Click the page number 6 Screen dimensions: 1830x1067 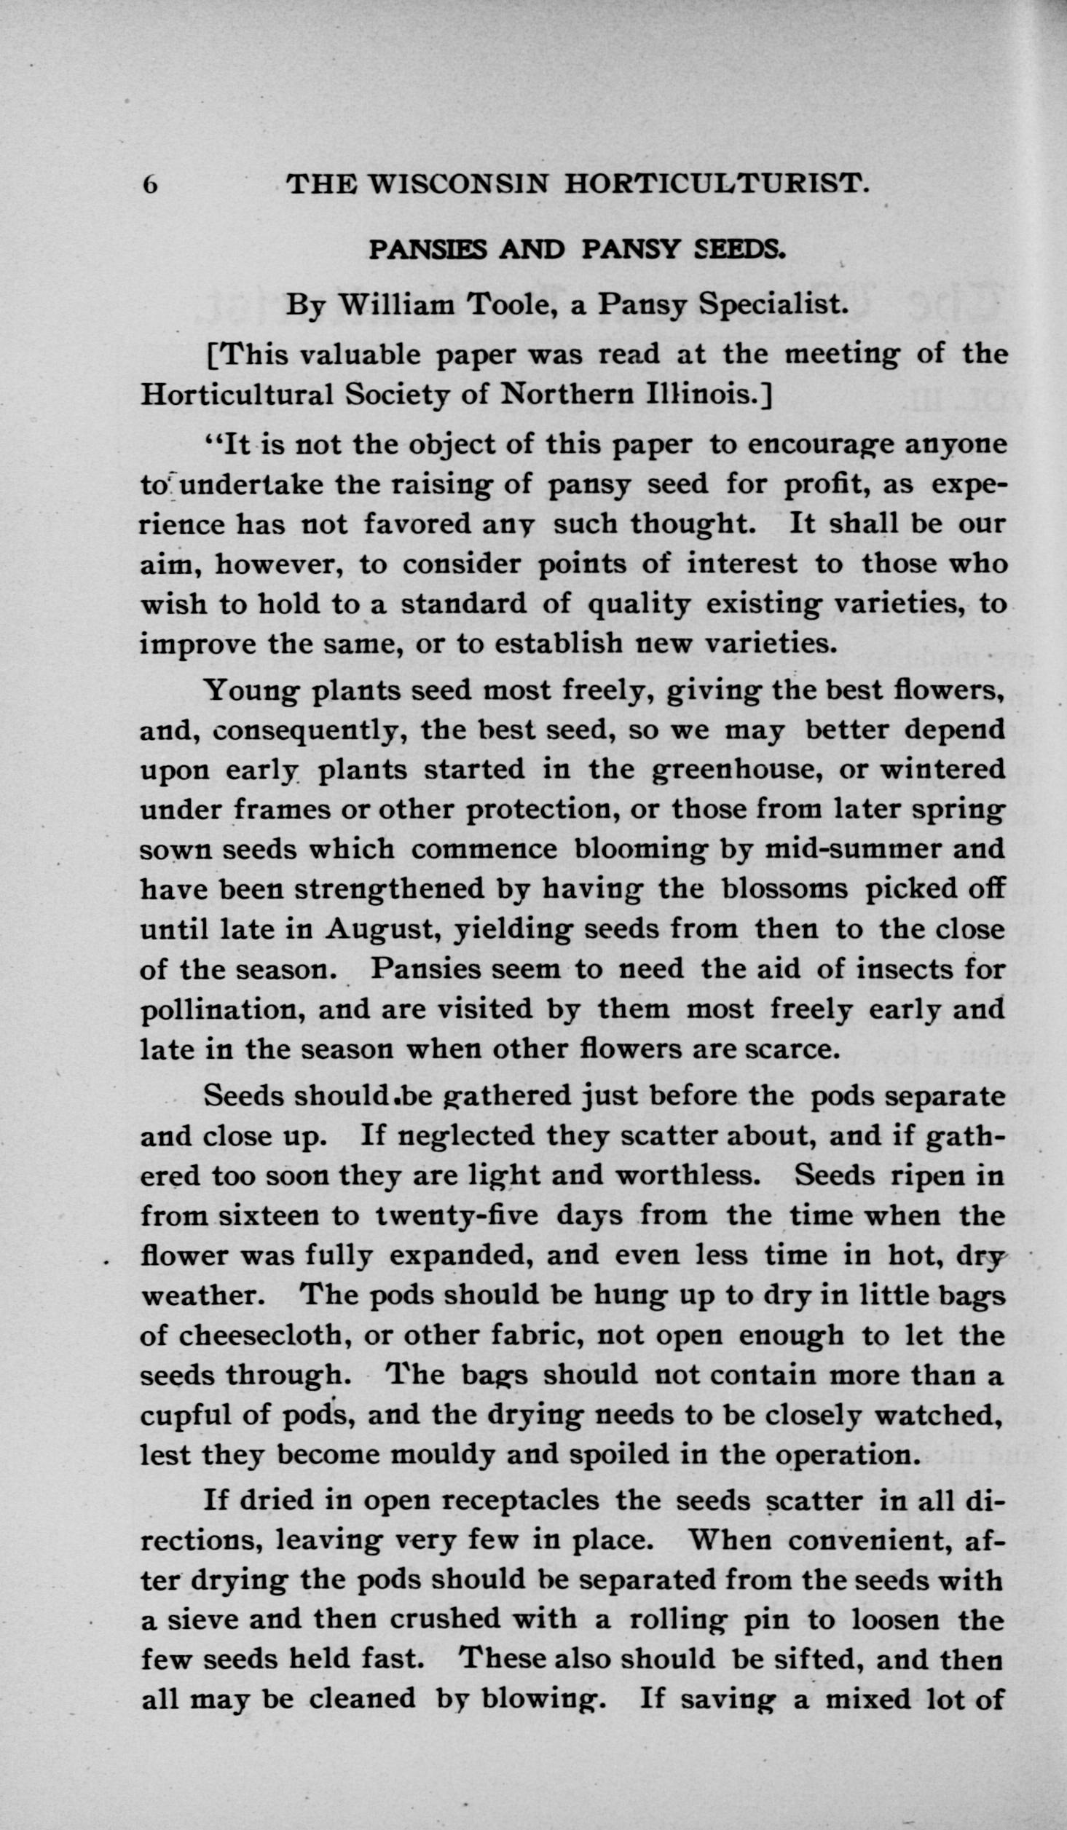150,185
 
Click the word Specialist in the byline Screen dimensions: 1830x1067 777,304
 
